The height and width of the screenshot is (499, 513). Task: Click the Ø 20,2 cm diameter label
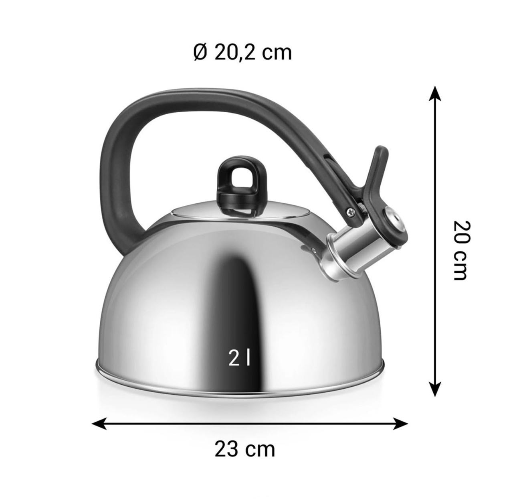242,53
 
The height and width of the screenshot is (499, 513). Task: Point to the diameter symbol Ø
199,53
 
